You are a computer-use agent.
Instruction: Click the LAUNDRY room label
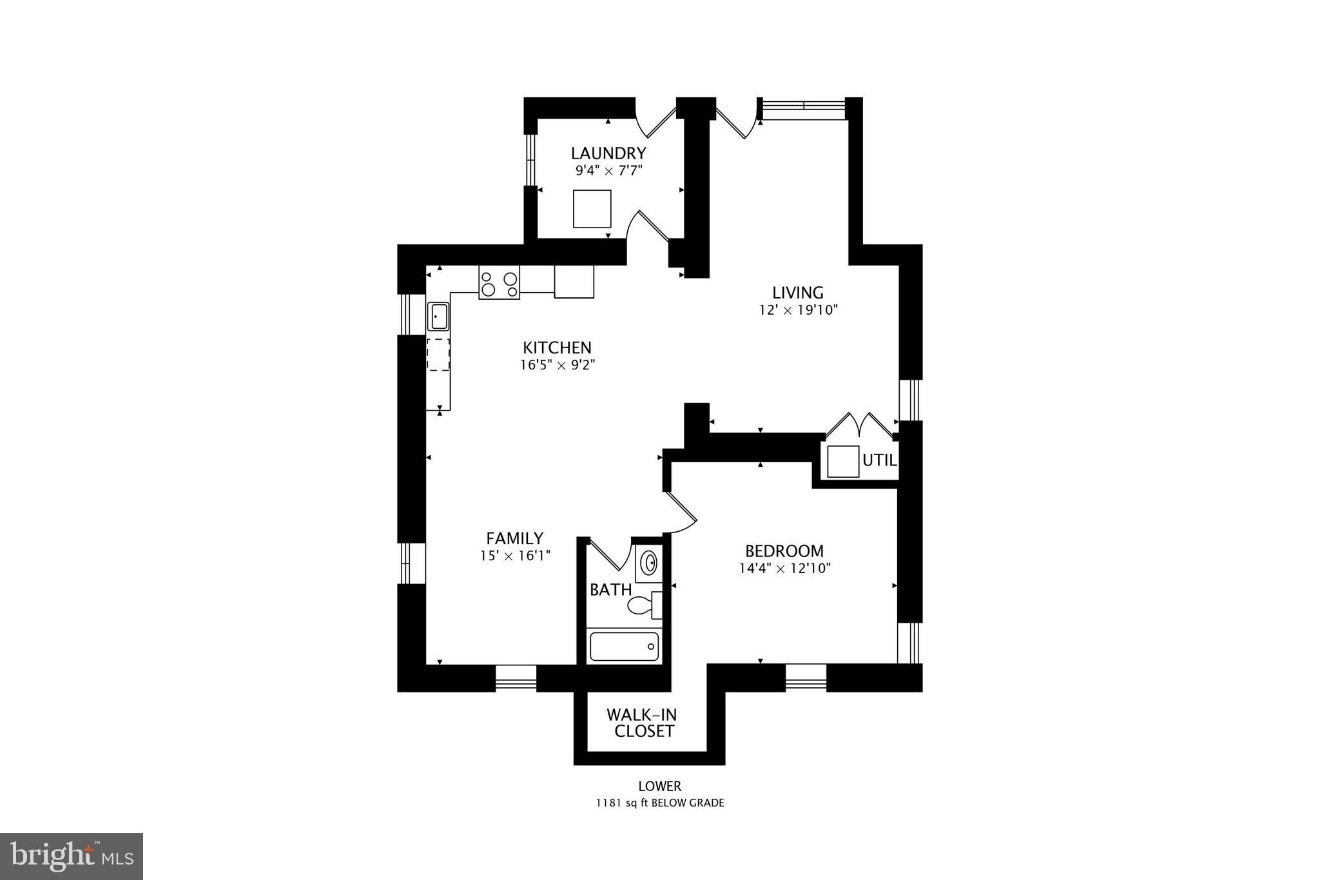[x=608, y=153]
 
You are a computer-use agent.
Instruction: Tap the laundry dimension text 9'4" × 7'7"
[x=608, y=171]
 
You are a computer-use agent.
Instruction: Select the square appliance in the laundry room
[x=592, y=208]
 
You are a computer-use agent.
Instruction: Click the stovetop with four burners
[x=499, y=283]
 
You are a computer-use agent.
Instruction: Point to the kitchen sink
[x=438, y=317]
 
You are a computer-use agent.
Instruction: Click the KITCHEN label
[x=557, y=347]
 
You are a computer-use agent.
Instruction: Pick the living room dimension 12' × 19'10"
[x=798, y=309]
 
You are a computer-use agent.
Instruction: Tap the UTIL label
[x=879, y=461]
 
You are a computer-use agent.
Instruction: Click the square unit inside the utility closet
[x=842, y=462]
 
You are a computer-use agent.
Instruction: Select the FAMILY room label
[x=514, y=538]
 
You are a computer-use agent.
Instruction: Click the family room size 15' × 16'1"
[x=514, y=555]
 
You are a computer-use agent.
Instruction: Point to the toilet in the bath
[x=643, y=605]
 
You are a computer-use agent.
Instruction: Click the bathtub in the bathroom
[x=624, y=646]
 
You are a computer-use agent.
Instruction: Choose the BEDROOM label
[x=784, y=551]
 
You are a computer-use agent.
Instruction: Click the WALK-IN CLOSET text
[x=642, y=723]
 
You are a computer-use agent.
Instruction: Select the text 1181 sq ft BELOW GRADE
[x=659, y=803]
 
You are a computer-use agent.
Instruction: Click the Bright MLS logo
[x=71, y=856]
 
